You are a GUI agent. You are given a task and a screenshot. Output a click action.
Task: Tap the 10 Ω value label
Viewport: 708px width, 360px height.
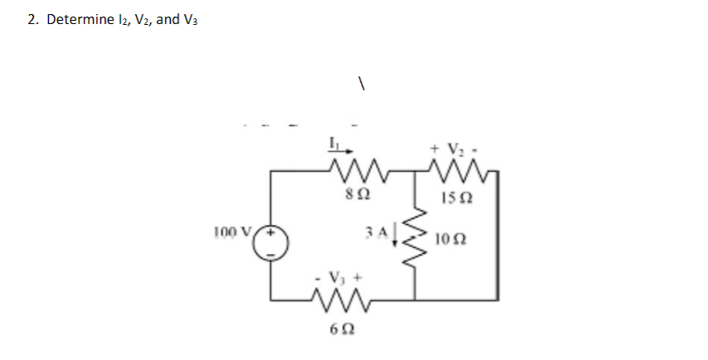[x=453, y=240]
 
